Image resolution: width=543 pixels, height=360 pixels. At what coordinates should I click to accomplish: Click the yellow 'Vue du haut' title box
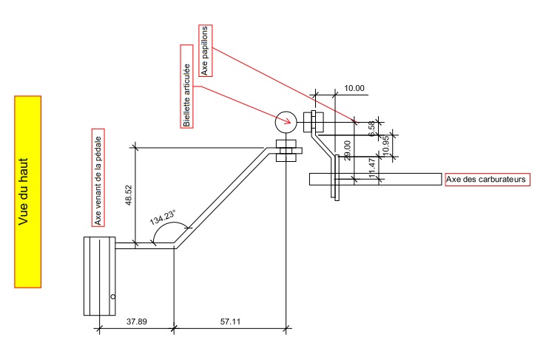tap(28, 191)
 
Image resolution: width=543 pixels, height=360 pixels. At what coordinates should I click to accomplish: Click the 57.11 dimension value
tap(229, 322)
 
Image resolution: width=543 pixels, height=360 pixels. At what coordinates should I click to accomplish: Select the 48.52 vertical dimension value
tap(129, 196)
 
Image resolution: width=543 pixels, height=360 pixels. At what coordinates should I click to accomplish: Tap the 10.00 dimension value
tap(354, 88)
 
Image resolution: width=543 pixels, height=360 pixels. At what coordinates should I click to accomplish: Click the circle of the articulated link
tap(285, 120)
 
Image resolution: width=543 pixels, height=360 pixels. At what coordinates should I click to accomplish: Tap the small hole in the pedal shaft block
tap(112, 296)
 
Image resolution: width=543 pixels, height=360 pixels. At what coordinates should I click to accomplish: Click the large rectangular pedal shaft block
tap(98, 275)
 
